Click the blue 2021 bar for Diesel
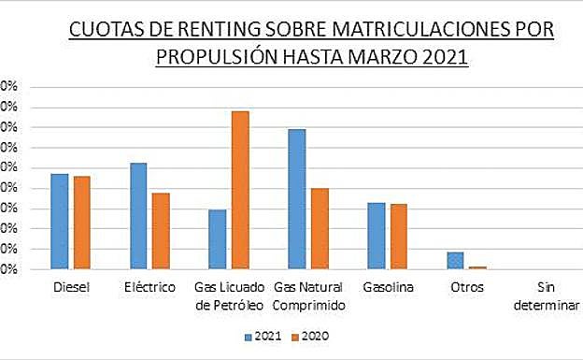[60, 222]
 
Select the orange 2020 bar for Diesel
[81, 223]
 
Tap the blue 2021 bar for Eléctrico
[138, 216]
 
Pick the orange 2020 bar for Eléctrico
[161, 231]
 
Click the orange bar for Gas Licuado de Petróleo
[240, 190]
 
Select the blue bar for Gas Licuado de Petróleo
[217, 239]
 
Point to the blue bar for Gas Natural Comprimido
[297, 199]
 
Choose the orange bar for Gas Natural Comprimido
[320, 229]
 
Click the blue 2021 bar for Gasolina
[376, 236]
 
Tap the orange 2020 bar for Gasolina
[398, 237]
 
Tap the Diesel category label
[71, 287]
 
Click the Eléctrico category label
[149, 287]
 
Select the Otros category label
[466, 287]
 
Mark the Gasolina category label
[387, 287]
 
